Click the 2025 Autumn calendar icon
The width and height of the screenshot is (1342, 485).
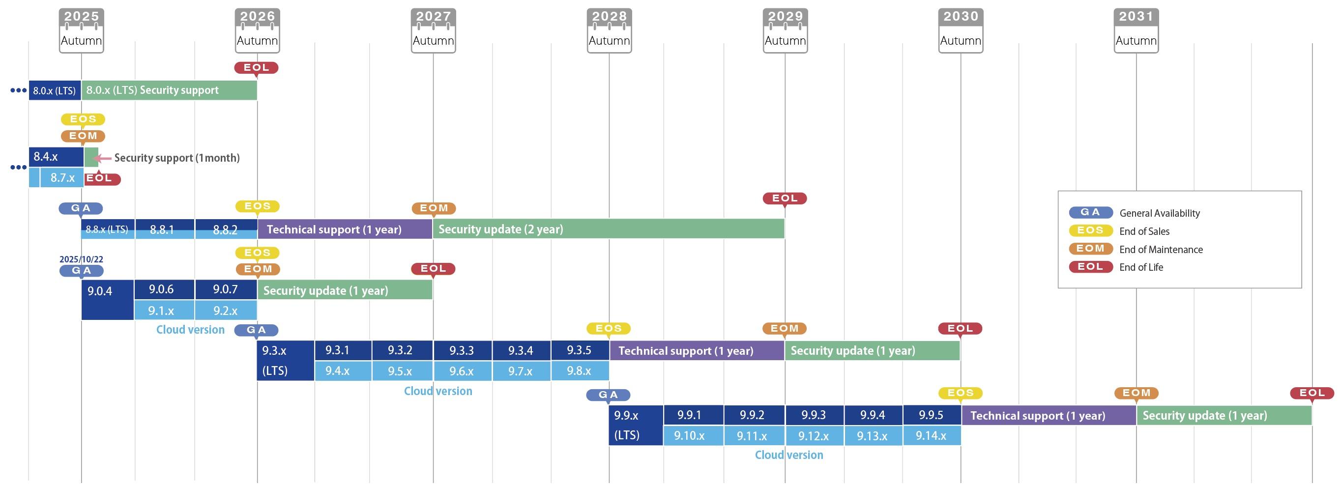pos(81,30)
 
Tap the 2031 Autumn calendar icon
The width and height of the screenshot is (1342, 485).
pos(1136,30)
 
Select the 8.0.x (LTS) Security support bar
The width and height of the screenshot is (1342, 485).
pos(169,90)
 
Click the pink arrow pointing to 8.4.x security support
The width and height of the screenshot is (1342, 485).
pos(103,158)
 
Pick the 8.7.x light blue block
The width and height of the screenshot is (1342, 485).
pos(62,178)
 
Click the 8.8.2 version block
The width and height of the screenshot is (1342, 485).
pos(226,229)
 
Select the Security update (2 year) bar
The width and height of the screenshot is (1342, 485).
pos(608,229)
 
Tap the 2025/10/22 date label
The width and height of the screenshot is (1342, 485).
pos(81,259)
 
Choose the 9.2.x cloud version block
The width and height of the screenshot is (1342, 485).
pos(226,311)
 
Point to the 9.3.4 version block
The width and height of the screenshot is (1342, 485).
pos(521,350)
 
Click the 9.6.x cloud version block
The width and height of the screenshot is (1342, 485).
pos(462,371)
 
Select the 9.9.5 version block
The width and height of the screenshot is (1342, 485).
pos(932,415)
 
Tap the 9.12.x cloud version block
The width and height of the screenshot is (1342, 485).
pos(814,435)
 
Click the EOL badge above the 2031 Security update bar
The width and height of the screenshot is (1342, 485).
pos(1312,393)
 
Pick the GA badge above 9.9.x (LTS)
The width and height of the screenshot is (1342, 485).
pos(608,395)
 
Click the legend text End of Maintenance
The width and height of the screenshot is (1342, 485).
pos(1161,250)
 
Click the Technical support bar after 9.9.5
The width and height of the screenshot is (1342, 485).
pos(1048,416)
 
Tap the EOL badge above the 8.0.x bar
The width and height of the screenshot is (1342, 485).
pos(256,68)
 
